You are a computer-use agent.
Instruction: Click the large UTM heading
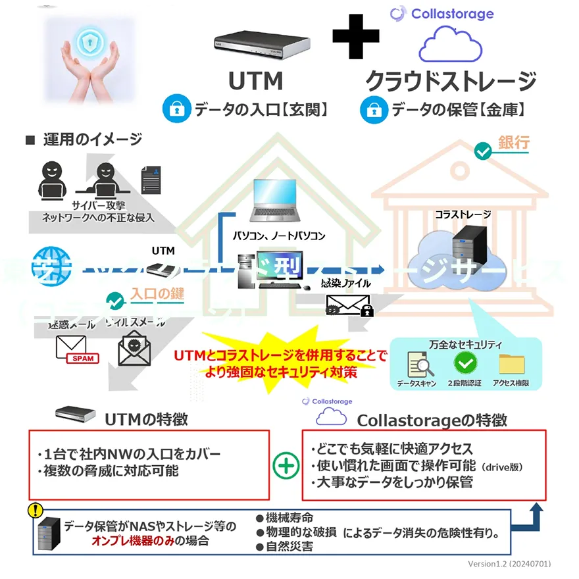(x=256, y=81)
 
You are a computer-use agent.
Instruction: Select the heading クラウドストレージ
(x=451, y=81)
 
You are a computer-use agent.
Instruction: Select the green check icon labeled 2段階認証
(x=465, y=363)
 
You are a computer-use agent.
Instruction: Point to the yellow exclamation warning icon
(x=34, y=510)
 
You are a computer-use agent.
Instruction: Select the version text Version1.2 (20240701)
(x=509, y=564)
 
